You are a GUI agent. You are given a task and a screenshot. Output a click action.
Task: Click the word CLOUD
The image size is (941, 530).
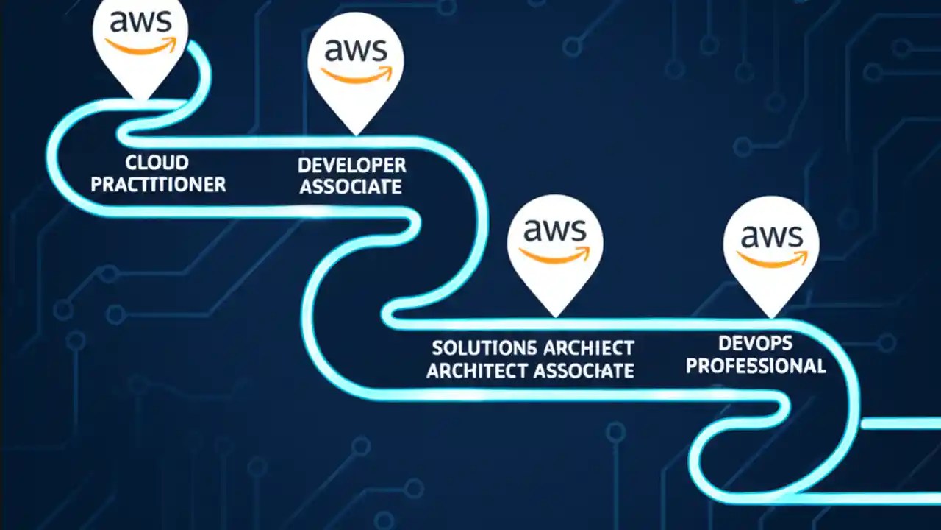[157, 163]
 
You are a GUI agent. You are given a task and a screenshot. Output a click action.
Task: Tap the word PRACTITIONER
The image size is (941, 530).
[157, 185]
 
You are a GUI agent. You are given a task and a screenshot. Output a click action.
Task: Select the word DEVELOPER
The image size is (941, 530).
[351, 165]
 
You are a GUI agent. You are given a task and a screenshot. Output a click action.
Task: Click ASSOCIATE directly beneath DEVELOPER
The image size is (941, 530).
[351, 187]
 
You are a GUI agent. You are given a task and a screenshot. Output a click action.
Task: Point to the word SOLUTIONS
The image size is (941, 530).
[484, 347]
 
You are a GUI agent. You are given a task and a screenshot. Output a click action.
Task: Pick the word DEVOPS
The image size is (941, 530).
[756, 342]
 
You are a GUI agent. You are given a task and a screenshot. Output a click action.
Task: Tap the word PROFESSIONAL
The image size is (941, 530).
[756, 365]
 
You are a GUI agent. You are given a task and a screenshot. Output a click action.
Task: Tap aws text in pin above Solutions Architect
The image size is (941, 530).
[556, 230]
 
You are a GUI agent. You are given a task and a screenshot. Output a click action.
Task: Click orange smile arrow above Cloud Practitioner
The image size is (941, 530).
[141, 46]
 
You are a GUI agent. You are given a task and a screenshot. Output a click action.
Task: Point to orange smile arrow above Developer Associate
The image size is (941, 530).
[357, 76]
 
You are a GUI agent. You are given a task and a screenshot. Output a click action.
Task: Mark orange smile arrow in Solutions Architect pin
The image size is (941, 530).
[556, 255]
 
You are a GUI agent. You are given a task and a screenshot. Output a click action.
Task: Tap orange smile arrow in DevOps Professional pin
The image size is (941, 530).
[771, 259]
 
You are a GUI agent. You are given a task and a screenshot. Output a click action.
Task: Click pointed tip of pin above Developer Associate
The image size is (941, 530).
[357, 133]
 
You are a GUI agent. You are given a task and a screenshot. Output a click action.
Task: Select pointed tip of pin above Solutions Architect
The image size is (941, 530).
[556, 315]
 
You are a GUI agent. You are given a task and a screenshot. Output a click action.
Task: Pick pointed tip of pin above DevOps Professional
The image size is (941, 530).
[771, 317]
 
